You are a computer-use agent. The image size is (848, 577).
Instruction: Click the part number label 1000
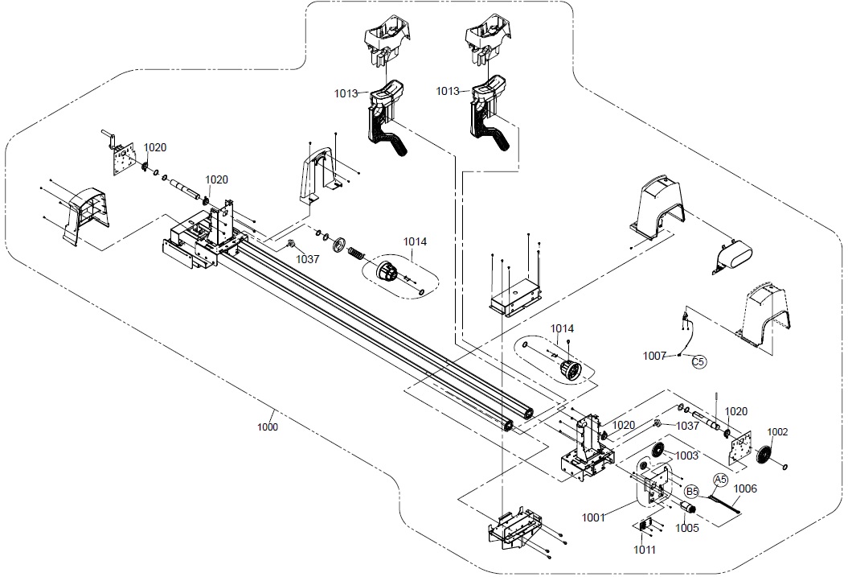[x=267, y=427]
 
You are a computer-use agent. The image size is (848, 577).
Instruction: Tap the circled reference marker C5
[x=698, y=361]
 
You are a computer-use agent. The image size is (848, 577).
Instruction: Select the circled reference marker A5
[x=720, y=480]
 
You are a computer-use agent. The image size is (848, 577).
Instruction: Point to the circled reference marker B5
[x=692, y=492]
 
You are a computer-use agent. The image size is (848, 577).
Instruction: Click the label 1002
[x=778, y=432]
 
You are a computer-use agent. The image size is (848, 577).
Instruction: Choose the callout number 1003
[x=686, y=455]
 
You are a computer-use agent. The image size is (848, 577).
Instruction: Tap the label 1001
[x=593, y=518]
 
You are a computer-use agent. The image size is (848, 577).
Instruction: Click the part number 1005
[x=686, y=528]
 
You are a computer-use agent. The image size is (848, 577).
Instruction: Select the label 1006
[x=745, y=488]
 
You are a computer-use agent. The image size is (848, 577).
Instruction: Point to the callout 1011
[x=644, y=550]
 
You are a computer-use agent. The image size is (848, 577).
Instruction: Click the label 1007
[x=654, y=356]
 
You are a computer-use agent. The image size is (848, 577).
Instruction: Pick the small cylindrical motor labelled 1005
[x=686, y=508]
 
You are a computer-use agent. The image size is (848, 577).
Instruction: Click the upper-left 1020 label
[x=155, y=147]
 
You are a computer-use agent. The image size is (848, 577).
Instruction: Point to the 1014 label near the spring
[x=415, y=241]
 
